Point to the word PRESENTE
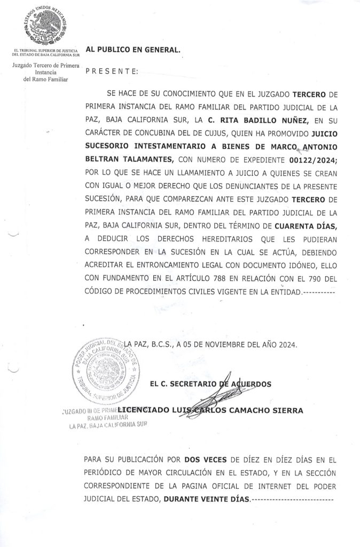(x=111, y=71)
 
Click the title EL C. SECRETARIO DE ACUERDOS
(x=211, y=384)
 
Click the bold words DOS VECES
(x=201, y=459)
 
